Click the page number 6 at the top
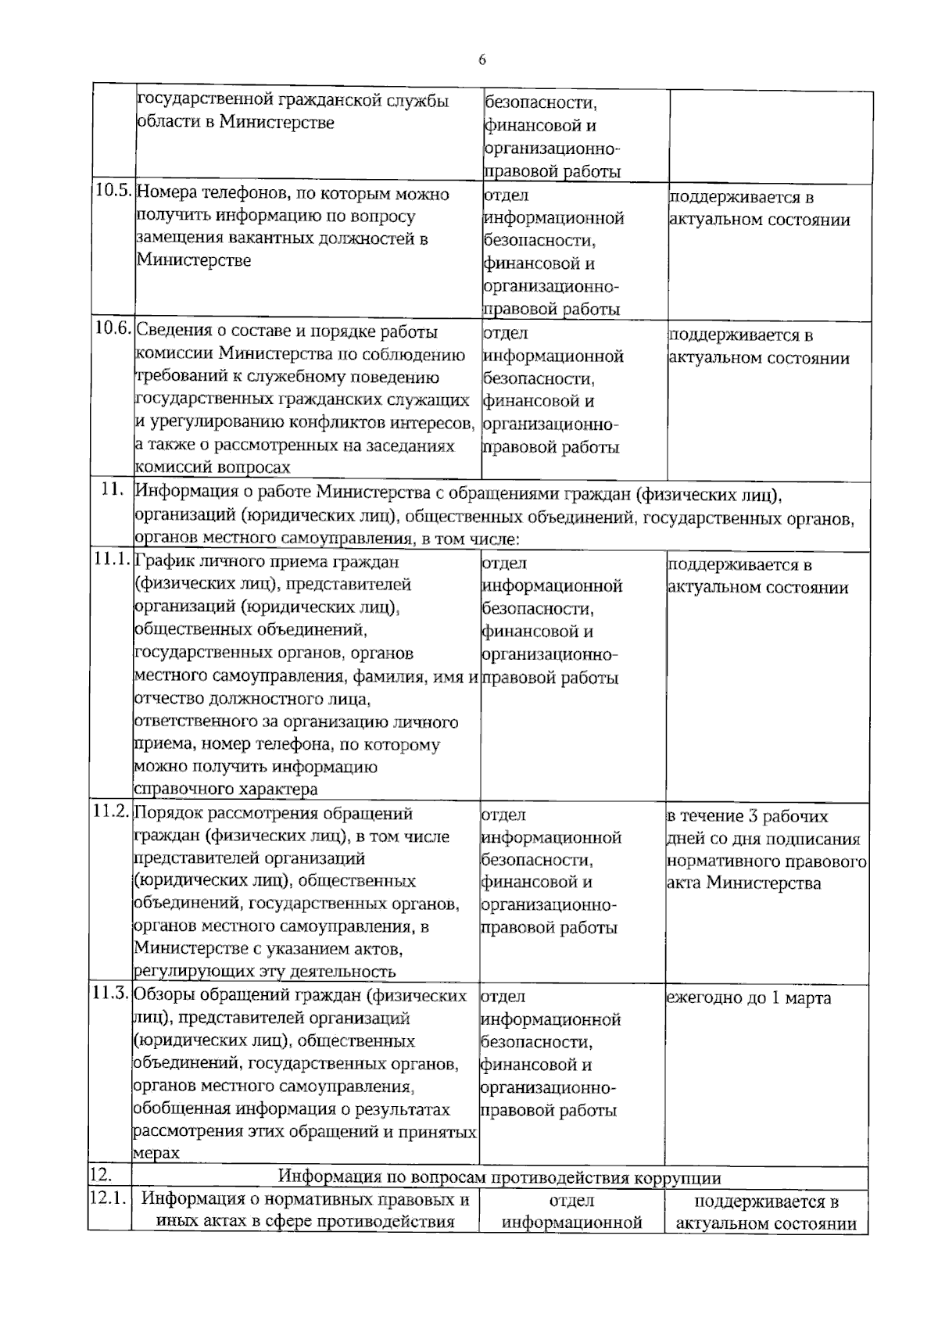tap(482, 60)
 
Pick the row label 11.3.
tap(111, 994)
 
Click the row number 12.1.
tap(109, 1199)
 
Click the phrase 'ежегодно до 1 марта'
tap(748, 998)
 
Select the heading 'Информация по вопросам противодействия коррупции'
tap(500, 1177)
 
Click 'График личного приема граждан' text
tap(267, 561)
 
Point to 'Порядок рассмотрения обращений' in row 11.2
tap(274, 813)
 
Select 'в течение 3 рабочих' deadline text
tap(747, 817)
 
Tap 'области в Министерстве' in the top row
tap(235, 123)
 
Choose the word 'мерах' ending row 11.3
tap(156, 1153)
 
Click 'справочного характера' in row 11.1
tap(226, 790)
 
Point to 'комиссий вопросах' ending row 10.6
tap(213, 467)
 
